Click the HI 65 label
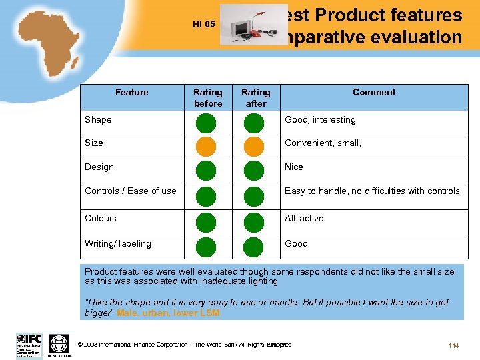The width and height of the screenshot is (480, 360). [203, 25]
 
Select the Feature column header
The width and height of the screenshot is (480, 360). [131, 93]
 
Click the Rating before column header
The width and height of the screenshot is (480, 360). [207, 98]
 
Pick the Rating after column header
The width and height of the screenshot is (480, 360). [255, 98]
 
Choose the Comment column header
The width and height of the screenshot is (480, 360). [373, 93]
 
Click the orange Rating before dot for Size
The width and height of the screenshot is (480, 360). [206, 146]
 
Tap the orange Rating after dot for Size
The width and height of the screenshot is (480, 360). [254, 146]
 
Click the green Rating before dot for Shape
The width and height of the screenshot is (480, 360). [206, 123]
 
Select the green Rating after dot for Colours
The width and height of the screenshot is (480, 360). [254, 221]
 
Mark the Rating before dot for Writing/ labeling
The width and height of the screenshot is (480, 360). [206, 246]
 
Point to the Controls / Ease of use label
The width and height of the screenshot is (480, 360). [131, 191]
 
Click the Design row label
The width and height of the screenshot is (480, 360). [99, 167]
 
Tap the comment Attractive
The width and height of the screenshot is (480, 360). [304, 218]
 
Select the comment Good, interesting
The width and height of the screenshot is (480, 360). [320, 120]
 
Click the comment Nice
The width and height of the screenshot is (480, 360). [294, 167]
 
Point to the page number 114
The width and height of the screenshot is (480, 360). [453, 345]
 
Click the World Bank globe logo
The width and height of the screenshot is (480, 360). [59, 344]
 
